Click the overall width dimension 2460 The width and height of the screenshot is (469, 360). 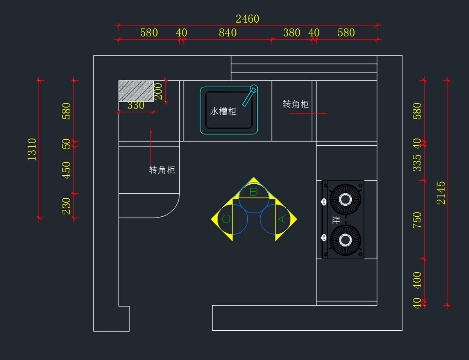point(247,19)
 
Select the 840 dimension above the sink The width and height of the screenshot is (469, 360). point(227,33)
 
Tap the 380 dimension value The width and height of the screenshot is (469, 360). point(292,33)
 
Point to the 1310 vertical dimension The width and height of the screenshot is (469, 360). point(32,149)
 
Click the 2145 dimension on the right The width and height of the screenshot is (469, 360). point(441,192)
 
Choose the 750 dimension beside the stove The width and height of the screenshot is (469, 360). point(417,220)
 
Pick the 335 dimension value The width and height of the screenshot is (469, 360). point(417,163)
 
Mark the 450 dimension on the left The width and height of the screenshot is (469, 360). point(66,170)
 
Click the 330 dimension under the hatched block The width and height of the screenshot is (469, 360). point(136,105)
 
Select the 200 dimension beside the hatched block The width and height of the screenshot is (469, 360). point(158,91)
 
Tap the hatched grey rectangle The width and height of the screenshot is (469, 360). point(136,91)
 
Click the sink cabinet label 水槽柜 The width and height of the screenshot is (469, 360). point(223,111)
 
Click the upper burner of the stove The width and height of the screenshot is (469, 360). point(345,200)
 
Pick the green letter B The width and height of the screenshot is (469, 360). point(254,192)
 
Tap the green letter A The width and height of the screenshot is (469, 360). point(282,219)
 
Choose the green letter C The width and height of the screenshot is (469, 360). point(226,219)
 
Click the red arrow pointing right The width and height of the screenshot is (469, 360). point(308,113)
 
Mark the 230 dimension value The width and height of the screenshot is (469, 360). point(66,206)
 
